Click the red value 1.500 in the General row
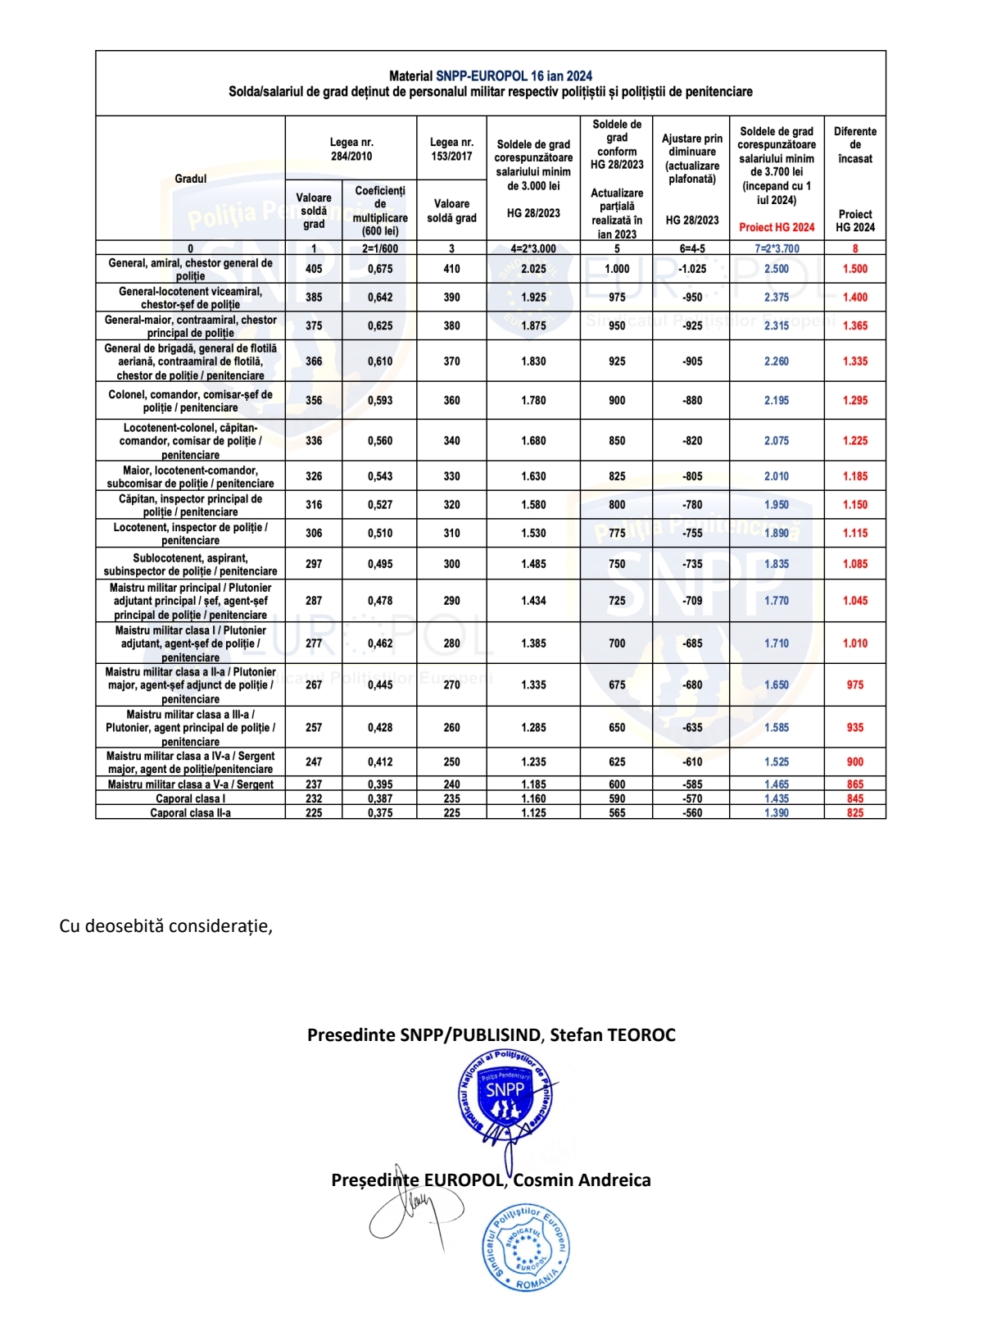coord(854,269)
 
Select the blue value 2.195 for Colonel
coord(776,401)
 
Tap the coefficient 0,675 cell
coord(379,269)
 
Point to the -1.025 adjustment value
coord(692,269)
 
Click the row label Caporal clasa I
coord(190,798)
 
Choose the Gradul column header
coord(190,179)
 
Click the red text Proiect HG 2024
coord(777,227)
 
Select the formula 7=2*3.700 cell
coord(777,248)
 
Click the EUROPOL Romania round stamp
coord(525,1248)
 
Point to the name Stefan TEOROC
coord(613,1034)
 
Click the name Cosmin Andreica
coord(582,1180)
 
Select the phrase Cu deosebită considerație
coord(165,926)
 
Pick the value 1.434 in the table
coord(533,601)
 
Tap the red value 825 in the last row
coord(854,812)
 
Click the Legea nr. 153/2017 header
coord(451,149)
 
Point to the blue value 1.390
coord(776,812)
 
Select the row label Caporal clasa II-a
coord(190,812)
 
